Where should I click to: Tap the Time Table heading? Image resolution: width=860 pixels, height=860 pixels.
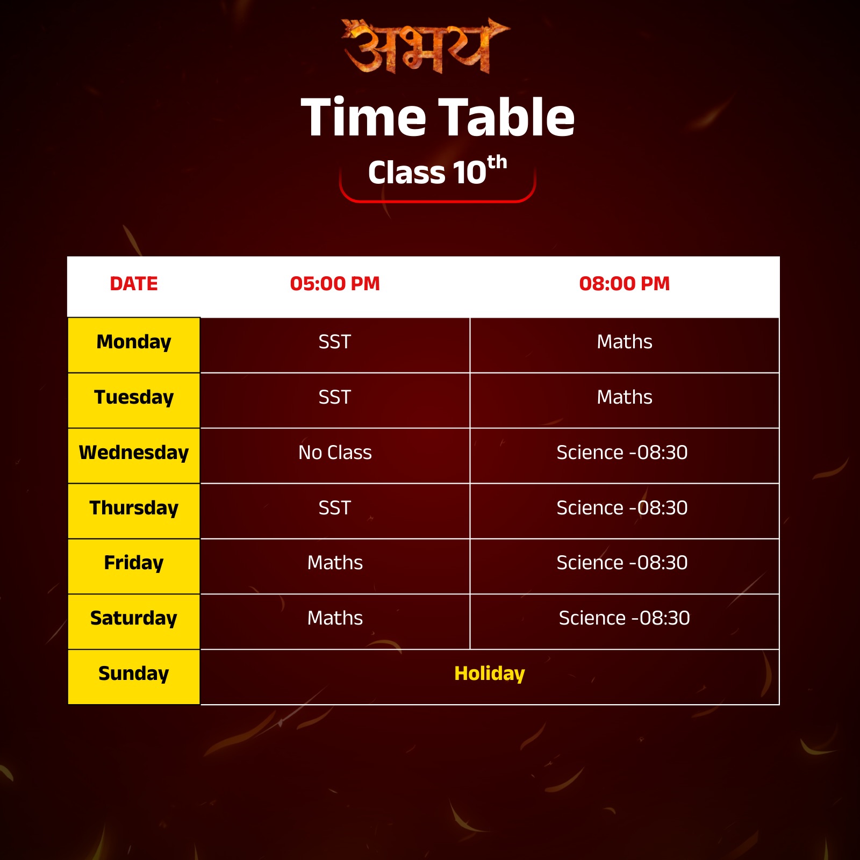(438, 117)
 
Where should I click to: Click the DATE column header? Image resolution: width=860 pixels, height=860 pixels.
(134, 284)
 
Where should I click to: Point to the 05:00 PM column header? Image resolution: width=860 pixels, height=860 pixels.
(335, 284)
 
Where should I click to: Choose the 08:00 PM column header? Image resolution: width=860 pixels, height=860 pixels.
(624, 284)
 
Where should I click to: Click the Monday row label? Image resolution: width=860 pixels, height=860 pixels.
(134, 342)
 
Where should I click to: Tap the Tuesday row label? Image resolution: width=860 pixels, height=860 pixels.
(134, 397)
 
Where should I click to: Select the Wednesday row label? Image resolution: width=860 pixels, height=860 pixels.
(134, 453)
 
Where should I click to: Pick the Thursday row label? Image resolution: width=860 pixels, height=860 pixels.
(134, 508)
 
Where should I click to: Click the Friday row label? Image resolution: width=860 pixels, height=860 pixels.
(134, 563)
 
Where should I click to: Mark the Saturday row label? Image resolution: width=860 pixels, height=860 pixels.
(134, 618)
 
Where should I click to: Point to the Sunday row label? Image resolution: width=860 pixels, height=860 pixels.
(134, 673)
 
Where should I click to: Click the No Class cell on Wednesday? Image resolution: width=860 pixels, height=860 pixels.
(335, 453)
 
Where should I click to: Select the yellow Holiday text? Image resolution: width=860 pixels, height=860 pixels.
(489, 673)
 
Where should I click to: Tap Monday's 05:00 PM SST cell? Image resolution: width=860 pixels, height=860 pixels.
(335, 342)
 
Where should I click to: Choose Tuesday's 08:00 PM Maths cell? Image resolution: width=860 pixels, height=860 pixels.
(624, 397)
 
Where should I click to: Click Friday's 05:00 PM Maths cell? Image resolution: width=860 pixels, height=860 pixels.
(335, 563)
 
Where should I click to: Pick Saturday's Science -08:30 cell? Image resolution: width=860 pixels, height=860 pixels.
(624, 618)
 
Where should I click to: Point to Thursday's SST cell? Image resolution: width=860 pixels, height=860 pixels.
(335, 508)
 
